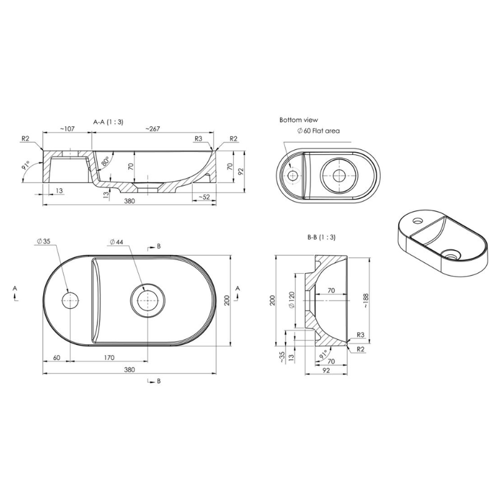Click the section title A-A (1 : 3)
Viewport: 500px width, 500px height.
108,122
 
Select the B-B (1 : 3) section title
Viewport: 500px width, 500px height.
321,237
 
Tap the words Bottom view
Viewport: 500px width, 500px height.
299,120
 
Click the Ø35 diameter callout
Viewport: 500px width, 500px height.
43,241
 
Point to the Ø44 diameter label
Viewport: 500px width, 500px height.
116,242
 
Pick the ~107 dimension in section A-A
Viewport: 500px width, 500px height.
67,129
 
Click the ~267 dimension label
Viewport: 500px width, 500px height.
152,129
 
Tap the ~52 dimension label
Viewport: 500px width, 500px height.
204,197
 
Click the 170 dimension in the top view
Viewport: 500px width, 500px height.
109,357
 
